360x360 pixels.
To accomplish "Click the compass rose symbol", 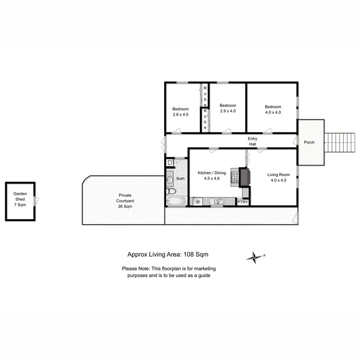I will point(255,256).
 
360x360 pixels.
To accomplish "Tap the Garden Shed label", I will point(20,199).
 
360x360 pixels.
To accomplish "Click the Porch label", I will point(309,143).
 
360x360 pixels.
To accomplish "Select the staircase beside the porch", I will point(339,143).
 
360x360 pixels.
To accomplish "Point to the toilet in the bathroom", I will point(171,191).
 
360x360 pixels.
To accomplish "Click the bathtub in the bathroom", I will point(176,201).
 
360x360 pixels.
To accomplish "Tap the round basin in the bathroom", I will point(170,179).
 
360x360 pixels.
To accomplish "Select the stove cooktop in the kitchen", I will point(235,177).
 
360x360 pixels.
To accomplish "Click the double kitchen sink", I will point(217,201).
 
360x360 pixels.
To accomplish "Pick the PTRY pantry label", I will point(243,202).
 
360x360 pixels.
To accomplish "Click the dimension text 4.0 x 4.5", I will point(278,180).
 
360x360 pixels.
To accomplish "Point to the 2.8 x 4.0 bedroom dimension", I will point(180,114).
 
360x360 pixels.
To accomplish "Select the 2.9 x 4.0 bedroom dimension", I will point(228,111).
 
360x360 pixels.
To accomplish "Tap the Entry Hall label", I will point(253,141).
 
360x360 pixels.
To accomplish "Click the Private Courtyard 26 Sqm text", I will point(125,201).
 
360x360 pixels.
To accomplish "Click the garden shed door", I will point(36,200).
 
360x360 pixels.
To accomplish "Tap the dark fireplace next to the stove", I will point(245,177).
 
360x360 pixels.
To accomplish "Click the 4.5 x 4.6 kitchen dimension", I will point(212,178).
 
